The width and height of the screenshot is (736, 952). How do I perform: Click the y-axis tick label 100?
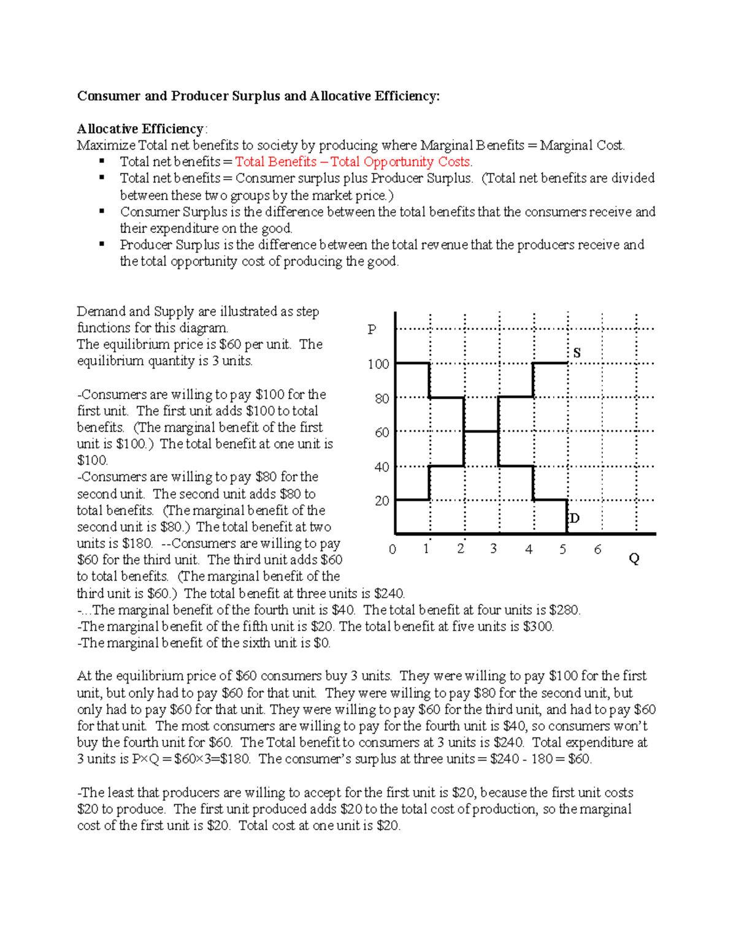pos(378,364)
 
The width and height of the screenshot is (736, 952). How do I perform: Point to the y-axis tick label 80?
pos(381,398)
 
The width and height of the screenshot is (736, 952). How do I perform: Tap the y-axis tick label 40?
pos(381,467)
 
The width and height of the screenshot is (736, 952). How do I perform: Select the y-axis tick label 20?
pos(381,501)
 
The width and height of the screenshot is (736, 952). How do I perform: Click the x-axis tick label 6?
pos(597,549)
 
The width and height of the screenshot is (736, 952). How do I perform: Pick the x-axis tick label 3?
pos(493,549)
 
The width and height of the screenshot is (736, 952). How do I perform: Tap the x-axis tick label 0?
pos(393,549)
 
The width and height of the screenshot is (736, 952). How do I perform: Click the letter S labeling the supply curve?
pos(577,353)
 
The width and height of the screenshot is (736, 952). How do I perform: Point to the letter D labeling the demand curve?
pos(574,519)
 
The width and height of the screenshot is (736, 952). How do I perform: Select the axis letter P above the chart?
pos(372,330)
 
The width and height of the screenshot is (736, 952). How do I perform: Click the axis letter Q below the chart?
pos(634,558)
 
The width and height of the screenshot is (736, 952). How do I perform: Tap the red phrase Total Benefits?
pos(276,162)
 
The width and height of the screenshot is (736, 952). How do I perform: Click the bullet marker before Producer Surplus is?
pos(102,244)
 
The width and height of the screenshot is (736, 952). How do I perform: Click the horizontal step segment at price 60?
pos(481,432)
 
